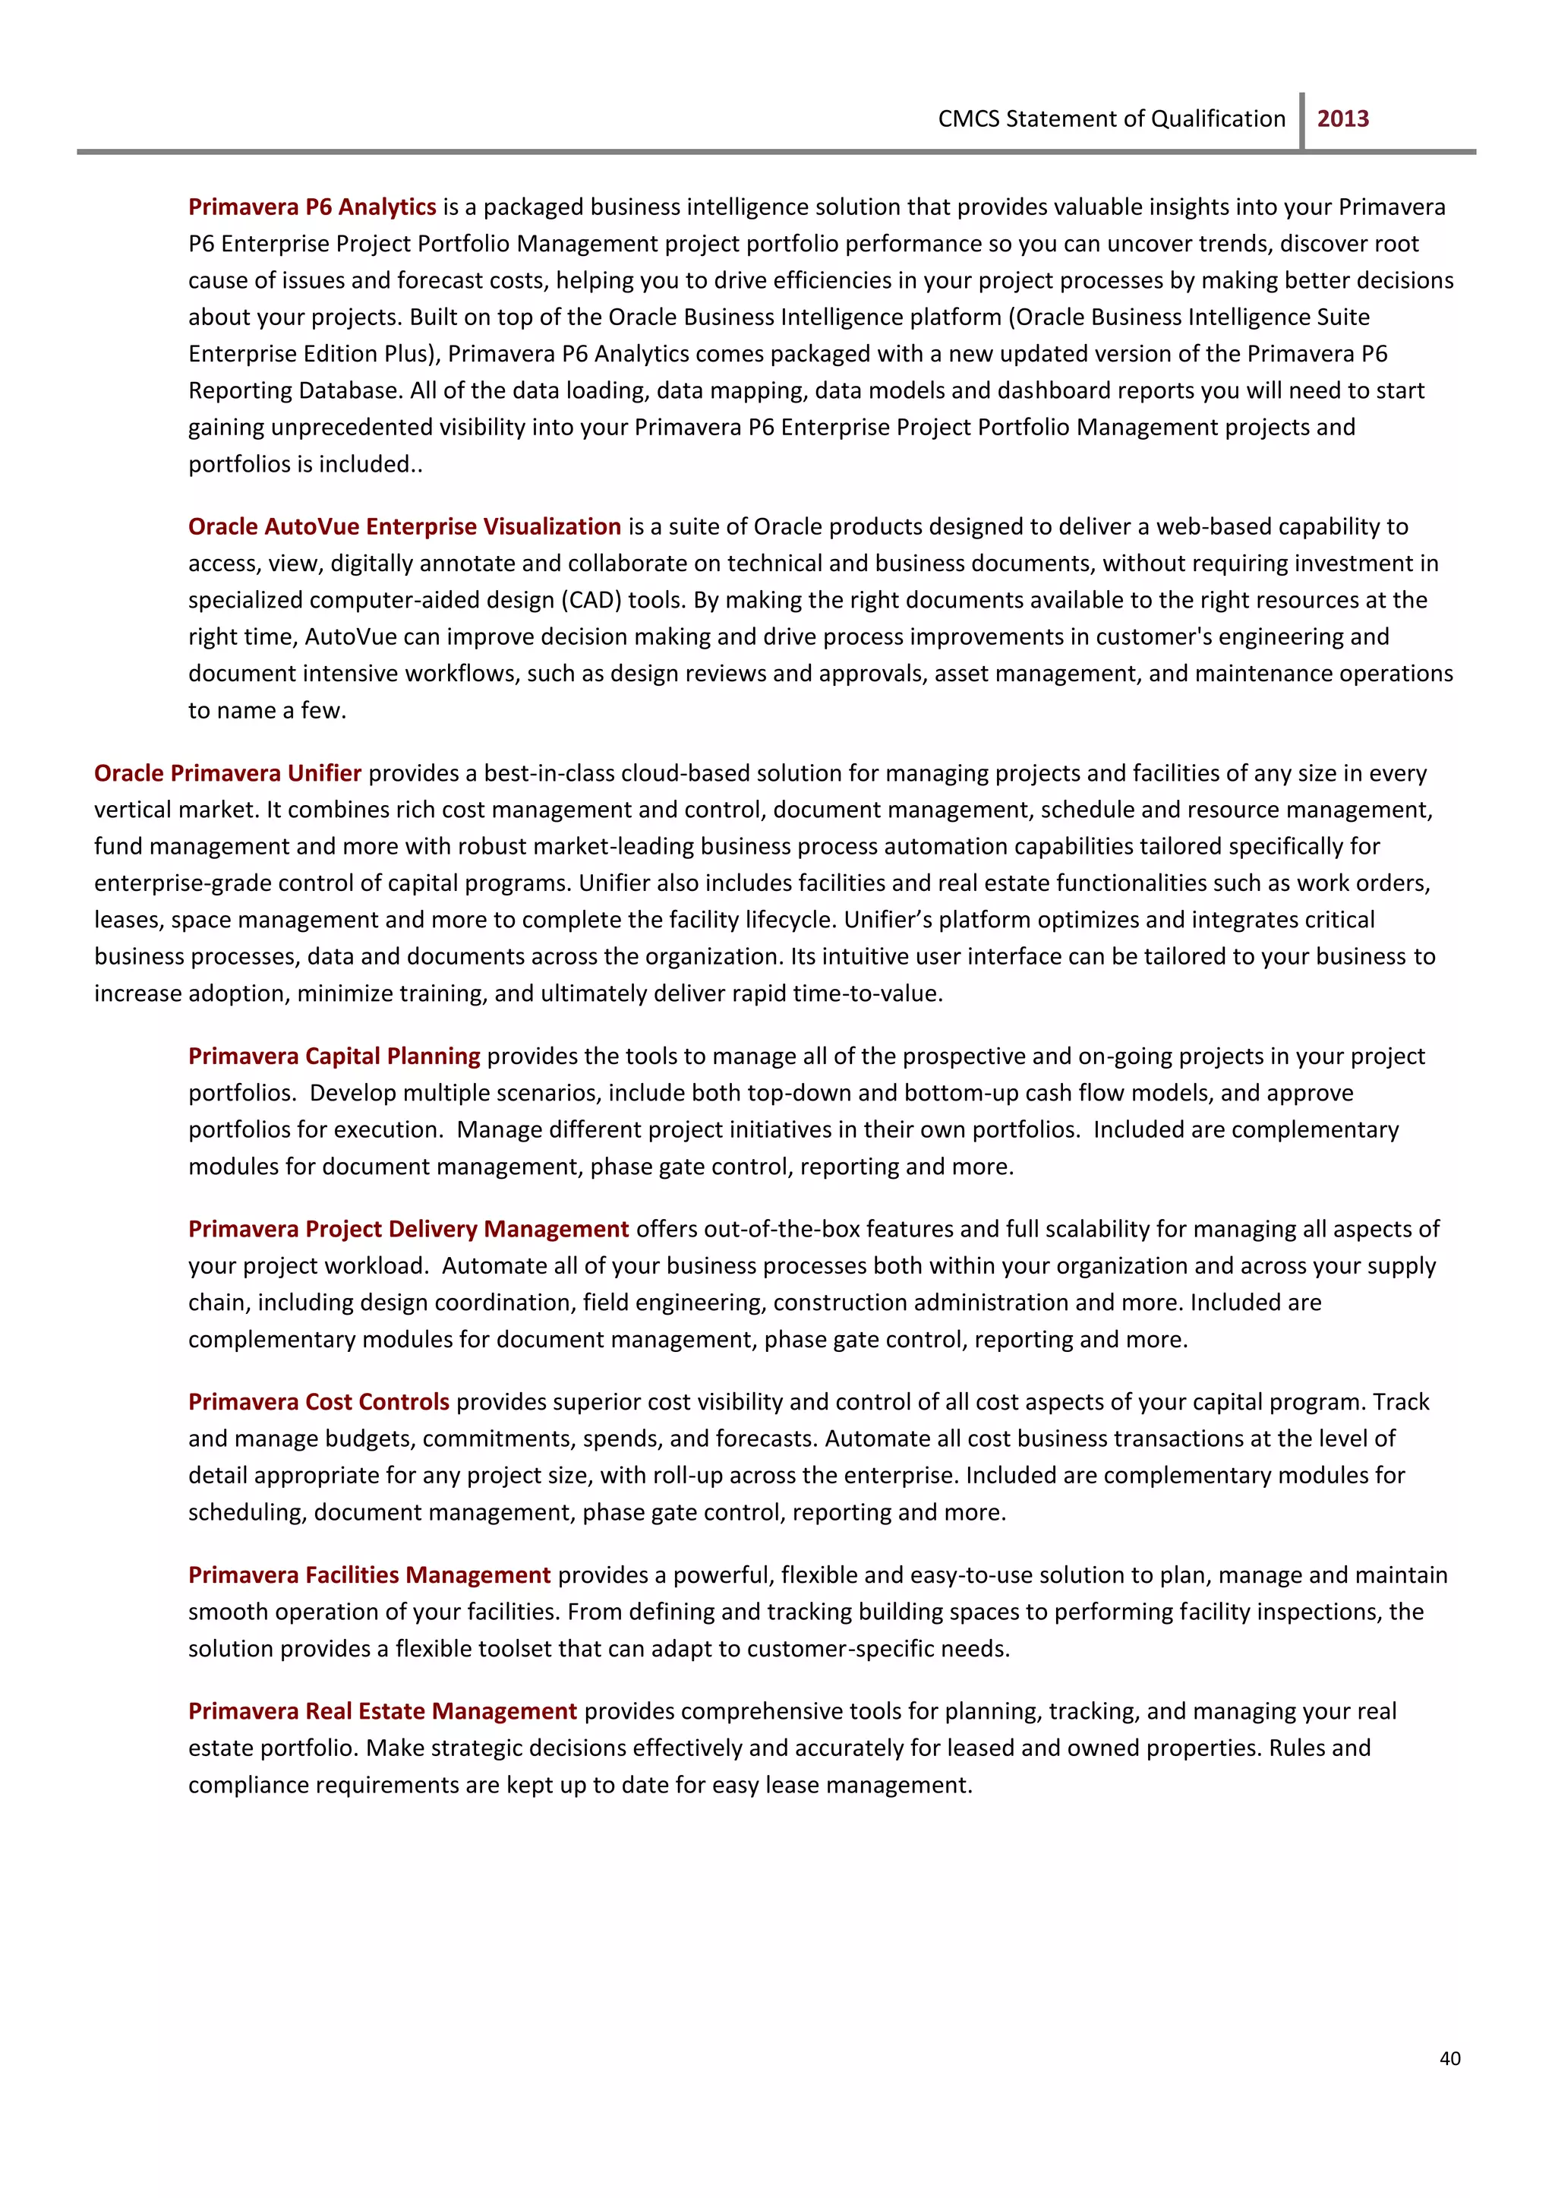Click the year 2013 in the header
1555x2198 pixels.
(x=1342, y=118)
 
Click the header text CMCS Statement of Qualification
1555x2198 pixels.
(x=1111, y=118)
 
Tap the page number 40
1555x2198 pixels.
(x=1449, y=2058)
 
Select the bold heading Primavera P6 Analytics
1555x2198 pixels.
(x=312, y=207)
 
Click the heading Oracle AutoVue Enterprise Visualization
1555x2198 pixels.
(x=404, y=527)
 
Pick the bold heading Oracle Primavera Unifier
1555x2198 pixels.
(x=228, y=773)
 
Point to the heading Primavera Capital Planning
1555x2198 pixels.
(x=334, y=1056)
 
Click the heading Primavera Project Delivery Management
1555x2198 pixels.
(x=408, y=1229)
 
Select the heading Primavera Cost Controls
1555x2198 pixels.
(x=319, y=1402)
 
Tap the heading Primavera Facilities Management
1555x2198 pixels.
(x=369, y=1574)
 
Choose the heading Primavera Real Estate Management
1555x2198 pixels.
(x=382, y=1711)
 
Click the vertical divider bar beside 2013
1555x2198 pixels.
(x=1301, y=121)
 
